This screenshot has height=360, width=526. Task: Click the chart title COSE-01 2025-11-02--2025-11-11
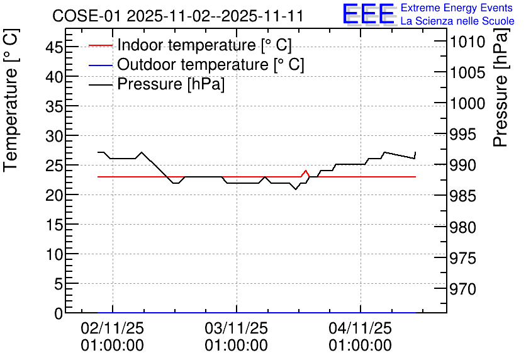tap(178, 16)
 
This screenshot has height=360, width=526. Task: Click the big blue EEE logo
tap(368, 14)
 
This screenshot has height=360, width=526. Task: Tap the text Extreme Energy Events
tap(457, 8)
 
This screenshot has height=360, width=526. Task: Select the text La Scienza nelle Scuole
tap(457, 21)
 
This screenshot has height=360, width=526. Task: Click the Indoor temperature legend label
tap(204, 45)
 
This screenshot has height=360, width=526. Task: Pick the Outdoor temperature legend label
tap(211, 64)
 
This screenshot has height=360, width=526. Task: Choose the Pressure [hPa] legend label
tap(171, 84)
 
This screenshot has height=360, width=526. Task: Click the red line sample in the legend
tap(101, 45)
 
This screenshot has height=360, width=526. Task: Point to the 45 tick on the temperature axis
tap(54, 47)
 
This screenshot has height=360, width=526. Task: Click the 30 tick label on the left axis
tap(54, 135)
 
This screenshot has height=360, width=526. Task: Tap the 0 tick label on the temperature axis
tap(59, 313)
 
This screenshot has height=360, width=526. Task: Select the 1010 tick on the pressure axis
tap(467, 42)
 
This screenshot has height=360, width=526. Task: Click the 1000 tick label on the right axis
tap(467, 103)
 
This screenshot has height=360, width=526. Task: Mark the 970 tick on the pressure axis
tap(463, 288)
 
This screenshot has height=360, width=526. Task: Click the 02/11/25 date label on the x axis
tap(113, 328)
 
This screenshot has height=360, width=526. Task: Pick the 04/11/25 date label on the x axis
tap(361, 328)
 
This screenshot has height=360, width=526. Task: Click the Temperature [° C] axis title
tap(11, 101)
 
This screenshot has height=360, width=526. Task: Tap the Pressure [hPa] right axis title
tap(500, 87)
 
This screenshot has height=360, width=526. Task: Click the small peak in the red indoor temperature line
tap(306, 171)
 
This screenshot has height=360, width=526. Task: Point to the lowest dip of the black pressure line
tap(296, 189)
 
